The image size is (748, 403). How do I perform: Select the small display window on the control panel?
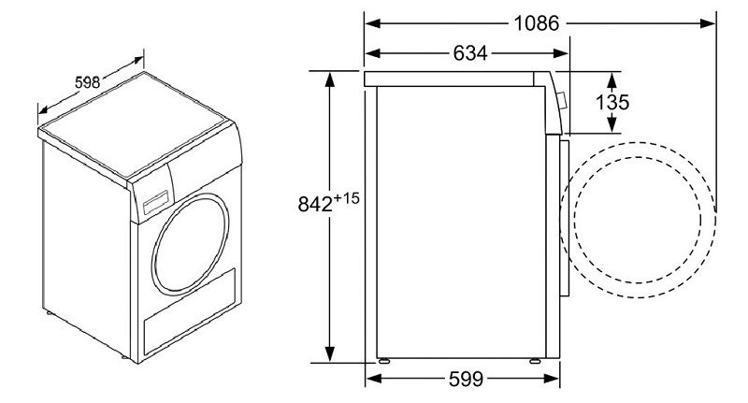click(155, 198)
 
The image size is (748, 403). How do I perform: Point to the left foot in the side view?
click(383, 360)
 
